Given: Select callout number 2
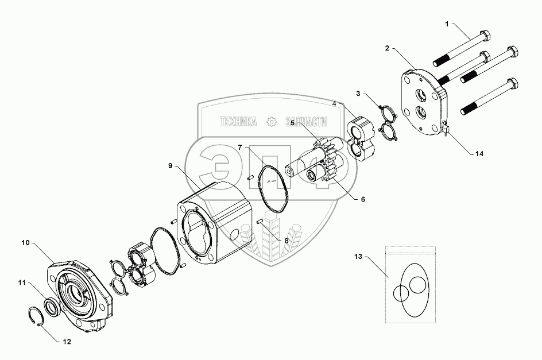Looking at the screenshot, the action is [388, 49].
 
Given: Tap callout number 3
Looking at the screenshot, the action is [358, 93].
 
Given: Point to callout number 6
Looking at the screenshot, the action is [362, 199].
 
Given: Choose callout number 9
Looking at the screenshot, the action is [171, 166].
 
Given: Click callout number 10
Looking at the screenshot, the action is [25, 243].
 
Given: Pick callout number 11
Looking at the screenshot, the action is [21, 282].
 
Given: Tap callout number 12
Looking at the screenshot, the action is [67, 341].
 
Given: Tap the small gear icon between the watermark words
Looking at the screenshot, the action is [272, 122].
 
